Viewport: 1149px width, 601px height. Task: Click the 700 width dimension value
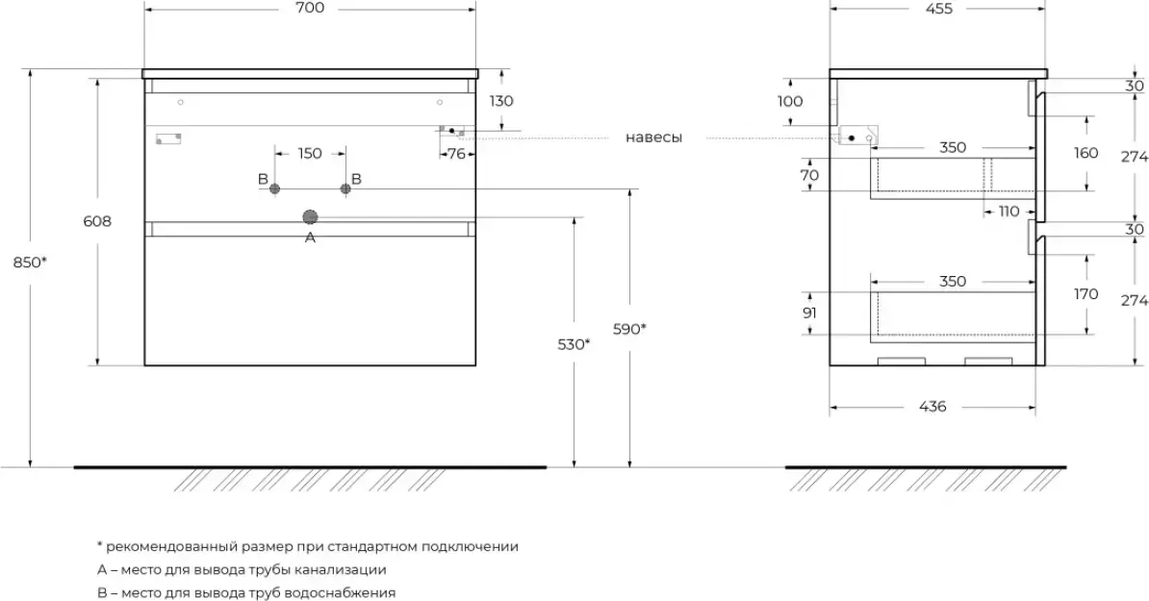(x=310, y=9)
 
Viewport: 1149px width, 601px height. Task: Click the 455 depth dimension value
(x=938, y=9)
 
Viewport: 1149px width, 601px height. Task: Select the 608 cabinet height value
(x=98, y=221)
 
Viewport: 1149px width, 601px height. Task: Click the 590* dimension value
(x=629, y=329)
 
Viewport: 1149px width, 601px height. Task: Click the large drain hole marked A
(x=310, y=216)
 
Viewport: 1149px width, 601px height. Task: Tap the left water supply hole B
(x=275, y=189)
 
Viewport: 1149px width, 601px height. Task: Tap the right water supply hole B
(x=344, y=189)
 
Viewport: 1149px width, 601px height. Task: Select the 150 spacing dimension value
(x=310, y=153)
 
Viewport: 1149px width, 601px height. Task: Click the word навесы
(x=653, y=138)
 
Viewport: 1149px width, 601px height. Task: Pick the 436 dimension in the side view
(x=932, y=407)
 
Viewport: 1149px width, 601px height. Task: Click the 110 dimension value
(x=1008, y=212)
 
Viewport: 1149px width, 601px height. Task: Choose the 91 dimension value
(x=809, y=313)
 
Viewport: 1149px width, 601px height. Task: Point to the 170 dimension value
(x=1087, y=294)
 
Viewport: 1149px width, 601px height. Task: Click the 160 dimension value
(x=1086, y=153)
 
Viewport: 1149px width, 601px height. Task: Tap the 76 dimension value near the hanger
(x=456, y=153)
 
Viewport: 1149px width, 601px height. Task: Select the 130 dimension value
(x=501, y=100)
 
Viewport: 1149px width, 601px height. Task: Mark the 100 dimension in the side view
(x=789, y=101)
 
